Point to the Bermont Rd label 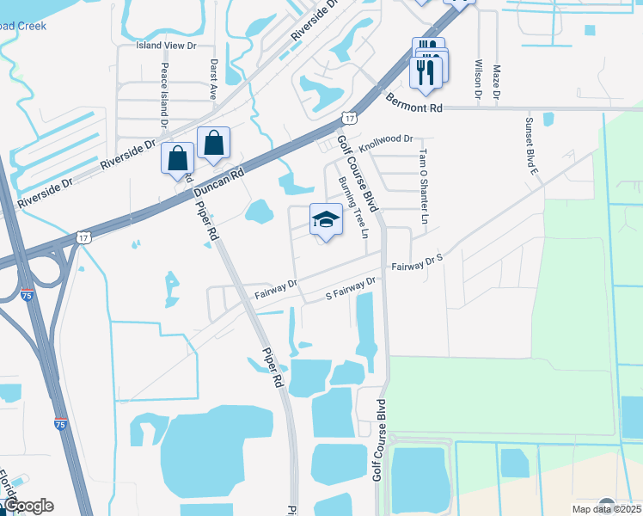point(413,103)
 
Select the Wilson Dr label point(476,78)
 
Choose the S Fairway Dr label point(351,287)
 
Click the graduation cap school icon point(326,220)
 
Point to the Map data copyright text point(592,509)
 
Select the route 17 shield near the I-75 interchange point(83,236)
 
